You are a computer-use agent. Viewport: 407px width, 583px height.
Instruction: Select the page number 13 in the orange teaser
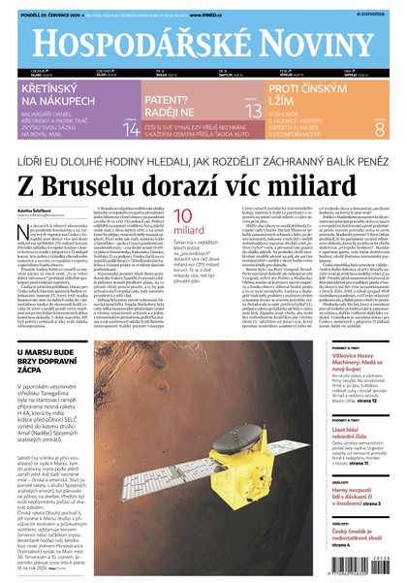click(x=252, y=112)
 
